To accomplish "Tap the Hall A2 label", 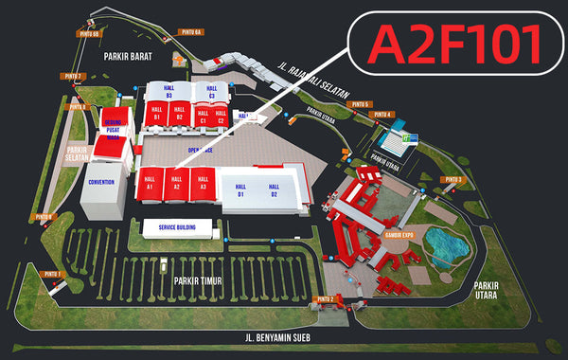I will coord(175,183).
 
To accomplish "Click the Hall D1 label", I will coord(240,189).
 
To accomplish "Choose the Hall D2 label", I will coord(274,189).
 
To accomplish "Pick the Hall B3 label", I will coord(169,93).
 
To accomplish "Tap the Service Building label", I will coord(169,227).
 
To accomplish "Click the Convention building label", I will coord(101,181).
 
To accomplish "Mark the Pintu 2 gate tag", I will coord(326,298).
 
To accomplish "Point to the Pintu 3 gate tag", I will coord(453,179).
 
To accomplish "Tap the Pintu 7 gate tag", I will coord(74,76).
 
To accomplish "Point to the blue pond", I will coord(446,243).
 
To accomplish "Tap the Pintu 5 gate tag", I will coord(360,103).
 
